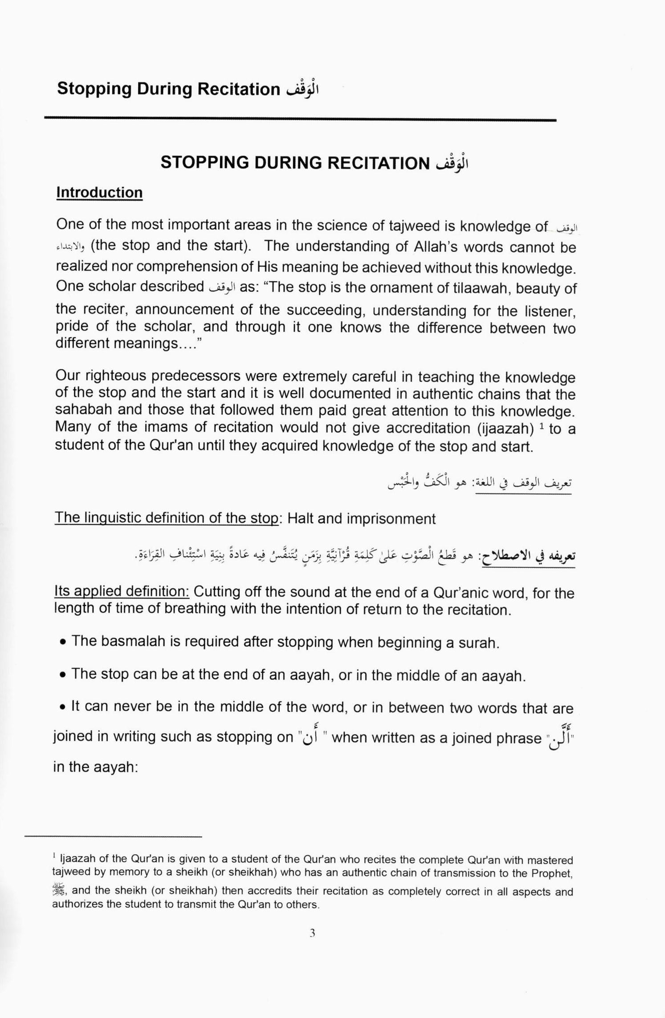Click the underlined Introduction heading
click(x=99, y=193)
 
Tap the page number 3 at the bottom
click(x=312, y=933)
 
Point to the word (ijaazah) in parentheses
click(x=505, y=428)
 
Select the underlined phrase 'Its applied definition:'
click(x=122, y=591)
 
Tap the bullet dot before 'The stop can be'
click(x=64, y=675)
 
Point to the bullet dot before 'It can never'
click(x=64, y=707)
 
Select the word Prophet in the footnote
click(x=551, y=873)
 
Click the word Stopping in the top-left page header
click(x=94, y=89)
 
